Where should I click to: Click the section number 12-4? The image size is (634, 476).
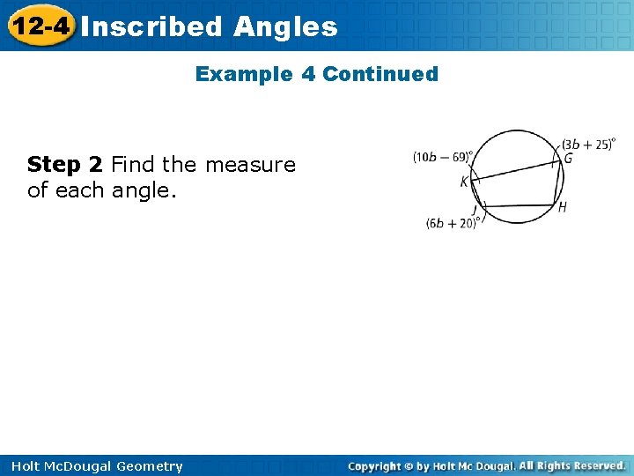40,26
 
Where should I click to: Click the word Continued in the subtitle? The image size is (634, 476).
380,74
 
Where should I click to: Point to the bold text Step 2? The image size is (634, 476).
64,165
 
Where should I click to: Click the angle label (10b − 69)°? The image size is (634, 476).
443,157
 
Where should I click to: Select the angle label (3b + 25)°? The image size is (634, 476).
588,145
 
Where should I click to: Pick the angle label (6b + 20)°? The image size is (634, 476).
451,224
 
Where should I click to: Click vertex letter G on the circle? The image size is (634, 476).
568,159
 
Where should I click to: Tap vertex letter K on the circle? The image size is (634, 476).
464,182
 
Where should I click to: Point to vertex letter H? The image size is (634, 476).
562,208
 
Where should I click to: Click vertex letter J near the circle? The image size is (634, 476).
474,209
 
